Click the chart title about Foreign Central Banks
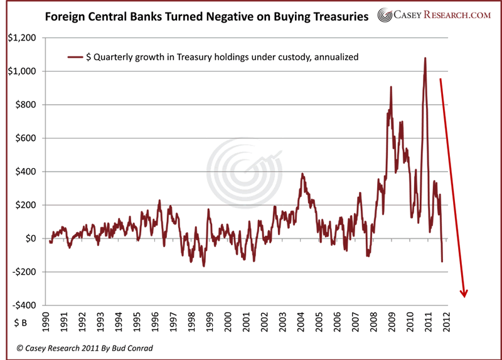[x=207, y=17]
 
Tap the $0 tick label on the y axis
[x=28, y=238]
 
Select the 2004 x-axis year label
[x=302, y=317]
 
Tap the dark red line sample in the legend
[x=75, y=57]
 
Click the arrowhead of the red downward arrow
[x=465, y=293]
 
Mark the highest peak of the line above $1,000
[x=425, y=58]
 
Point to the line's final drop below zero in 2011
[x=442, y=261]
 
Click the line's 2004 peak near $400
[x=302, y=174]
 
